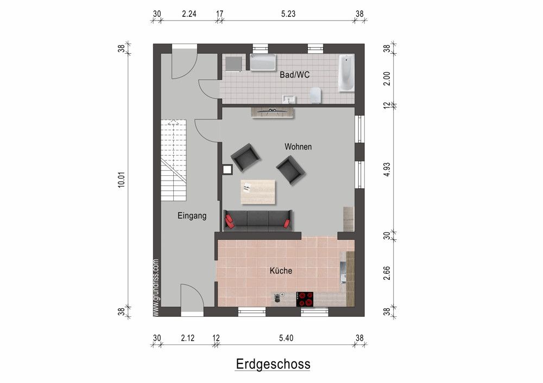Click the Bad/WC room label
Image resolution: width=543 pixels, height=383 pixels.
[294, 75]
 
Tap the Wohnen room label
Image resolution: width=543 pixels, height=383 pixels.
[298, 146]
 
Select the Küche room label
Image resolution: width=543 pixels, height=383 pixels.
[281, 270]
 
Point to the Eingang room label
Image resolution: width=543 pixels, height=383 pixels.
[192, 215]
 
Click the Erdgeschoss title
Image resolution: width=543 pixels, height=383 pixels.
[273, 363]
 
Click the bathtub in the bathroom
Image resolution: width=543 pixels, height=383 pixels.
[346, 73]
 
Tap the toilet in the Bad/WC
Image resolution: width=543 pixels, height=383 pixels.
[317, 96]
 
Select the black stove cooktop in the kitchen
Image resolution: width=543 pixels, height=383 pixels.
[306, 299]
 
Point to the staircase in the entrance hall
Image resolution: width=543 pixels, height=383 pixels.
[173, 159]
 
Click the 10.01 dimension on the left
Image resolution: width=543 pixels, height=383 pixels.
[122, 180]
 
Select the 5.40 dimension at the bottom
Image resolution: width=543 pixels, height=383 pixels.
[286, 338]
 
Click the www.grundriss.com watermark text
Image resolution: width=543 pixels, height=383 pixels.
[156, 287]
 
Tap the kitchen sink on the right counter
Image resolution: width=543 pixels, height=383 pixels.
[343, 272]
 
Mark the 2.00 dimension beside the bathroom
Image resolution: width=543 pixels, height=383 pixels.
[387, 79]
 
